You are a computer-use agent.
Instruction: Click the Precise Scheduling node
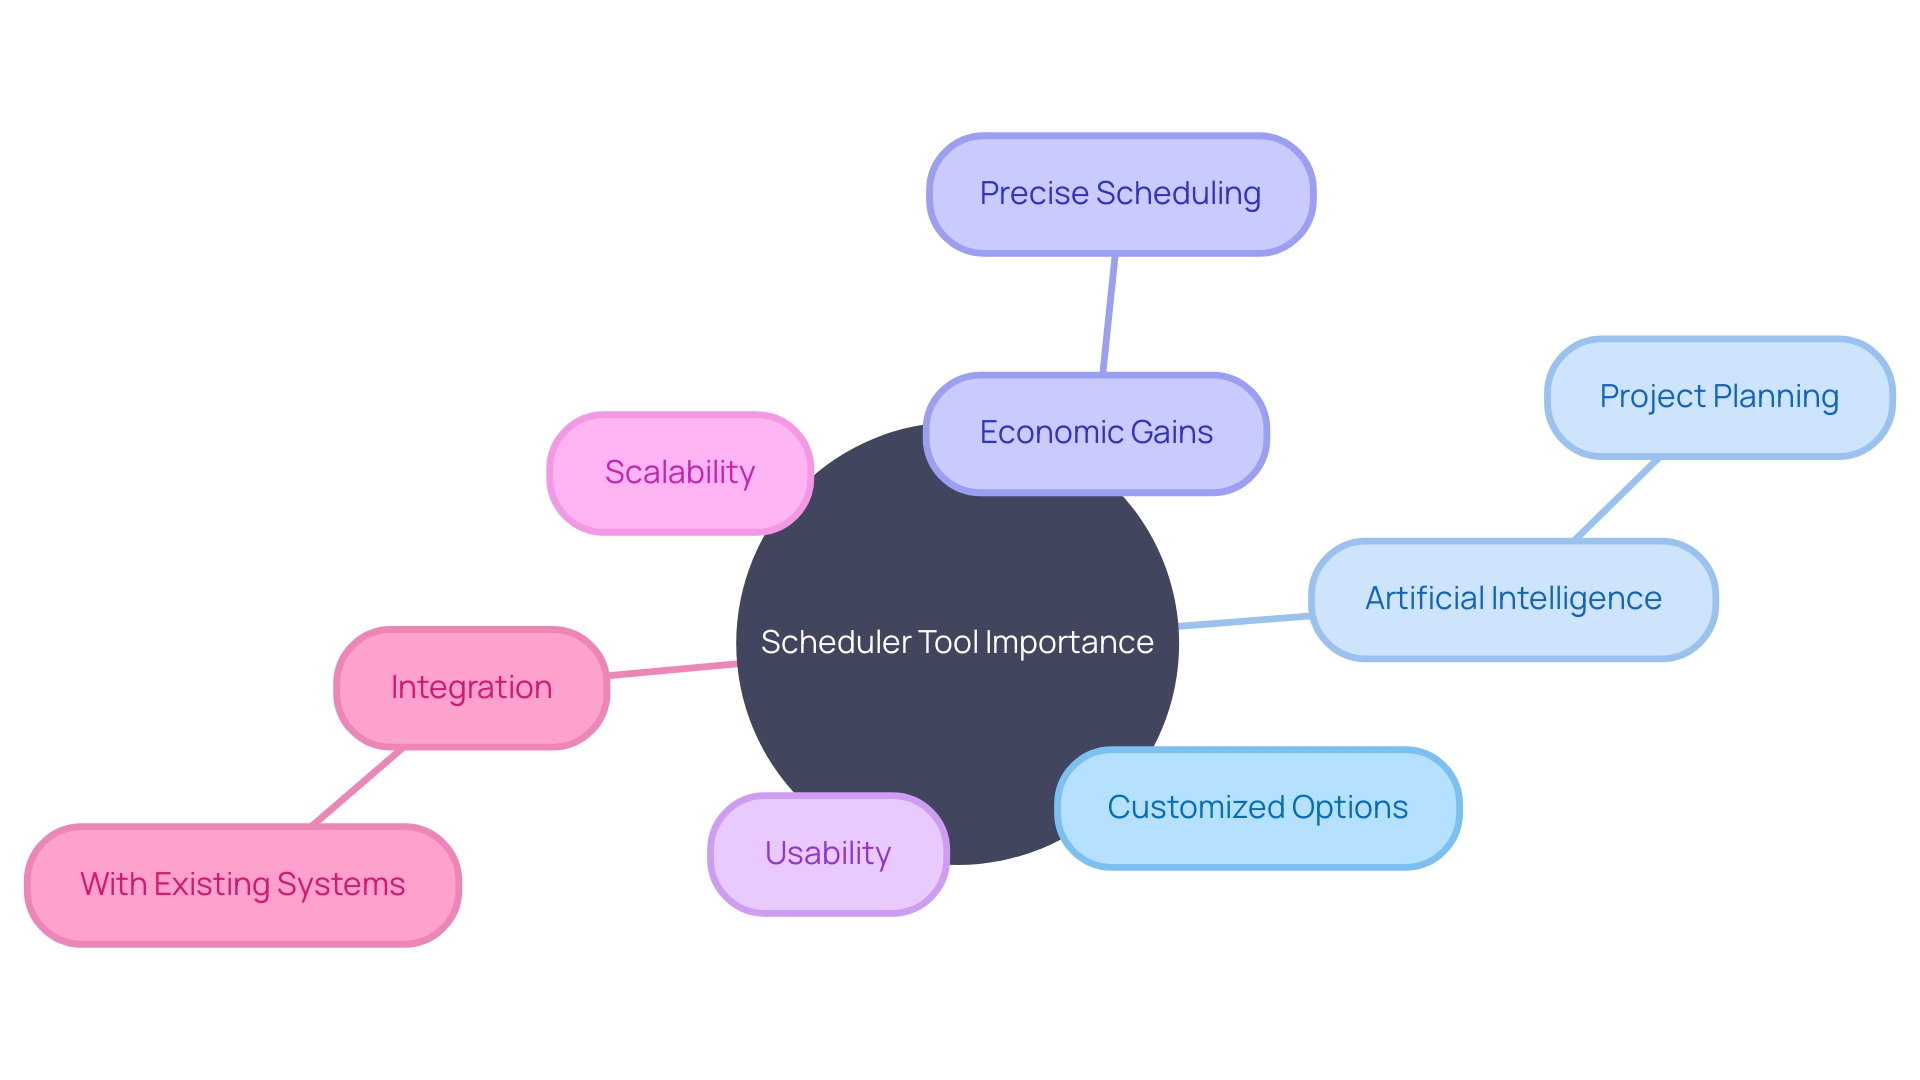click(1120, 194)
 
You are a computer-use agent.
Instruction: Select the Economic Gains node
click(1096, 433)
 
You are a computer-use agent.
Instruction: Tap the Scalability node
click(680, 473)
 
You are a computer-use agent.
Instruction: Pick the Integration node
click(471, 688)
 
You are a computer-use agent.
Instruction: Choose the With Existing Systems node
click(242, 885)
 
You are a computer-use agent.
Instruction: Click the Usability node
click(828, 854)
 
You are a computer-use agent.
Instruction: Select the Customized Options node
click(1257, 808)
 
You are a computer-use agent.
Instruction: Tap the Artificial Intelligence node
click(1513, 599)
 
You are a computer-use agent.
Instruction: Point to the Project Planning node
click(1719, 397)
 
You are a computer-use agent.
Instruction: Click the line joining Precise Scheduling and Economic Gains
click(1109, 314)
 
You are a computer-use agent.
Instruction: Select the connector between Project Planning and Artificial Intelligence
click(1617, 499)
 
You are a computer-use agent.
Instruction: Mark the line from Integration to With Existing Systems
click(357, 786)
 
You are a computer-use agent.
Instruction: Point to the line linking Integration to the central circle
click(672, 669)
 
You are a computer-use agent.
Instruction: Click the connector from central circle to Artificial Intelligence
click(1244, 621)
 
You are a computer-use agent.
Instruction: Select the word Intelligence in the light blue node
click(1576, 599)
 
